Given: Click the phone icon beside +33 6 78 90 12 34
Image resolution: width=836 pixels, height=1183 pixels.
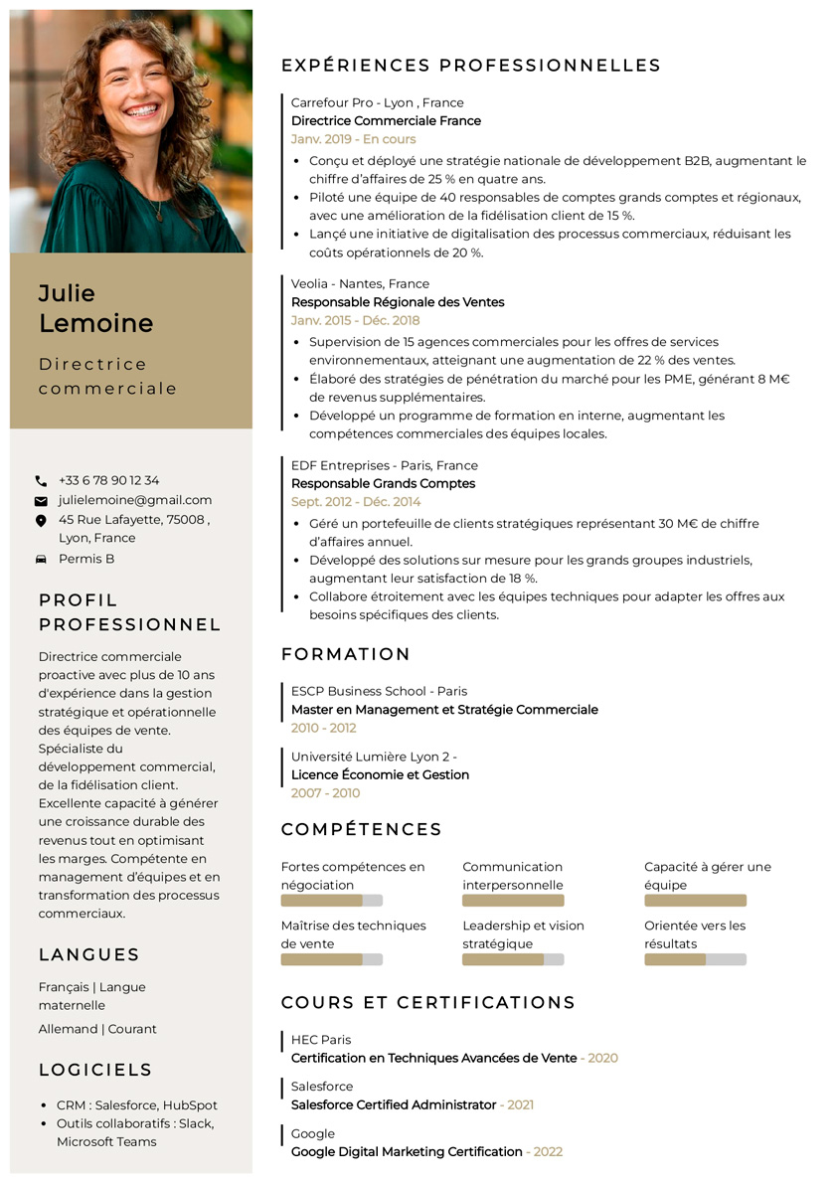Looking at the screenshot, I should [41, 481].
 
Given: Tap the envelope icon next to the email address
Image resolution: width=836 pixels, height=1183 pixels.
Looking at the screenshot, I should [41, 501].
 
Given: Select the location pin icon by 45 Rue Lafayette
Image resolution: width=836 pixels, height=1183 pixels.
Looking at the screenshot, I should [41, 520].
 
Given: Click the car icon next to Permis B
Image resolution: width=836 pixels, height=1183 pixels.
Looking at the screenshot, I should [41, 560].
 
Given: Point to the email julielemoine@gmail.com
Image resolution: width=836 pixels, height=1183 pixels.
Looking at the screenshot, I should [135, 500].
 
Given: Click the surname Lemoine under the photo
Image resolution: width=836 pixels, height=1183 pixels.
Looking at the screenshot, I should [95, 323].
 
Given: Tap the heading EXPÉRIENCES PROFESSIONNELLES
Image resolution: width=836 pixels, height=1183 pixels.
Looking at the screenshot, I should [470, 66].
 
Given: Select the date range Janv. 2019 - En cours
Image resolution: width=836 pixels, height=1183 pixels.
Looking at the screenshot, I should [353, 139].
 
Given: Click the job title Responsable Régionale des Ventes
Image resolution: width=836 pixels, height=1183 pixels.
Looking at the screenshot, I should [398, 302].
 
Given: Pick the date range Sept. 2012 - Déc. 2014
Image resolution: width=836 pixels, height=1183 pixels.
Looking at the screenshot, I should [356, 502].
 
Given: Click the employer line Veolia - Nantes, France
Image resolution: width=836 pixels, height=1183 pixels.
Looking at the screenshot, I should [360, 283].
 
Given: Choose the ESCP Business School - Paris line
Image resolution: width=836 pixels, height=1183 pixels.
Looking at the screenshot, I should [379, 691].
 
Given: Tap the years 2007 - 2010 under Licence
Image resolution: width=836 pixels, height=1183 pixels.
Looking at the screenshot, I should [325, 793].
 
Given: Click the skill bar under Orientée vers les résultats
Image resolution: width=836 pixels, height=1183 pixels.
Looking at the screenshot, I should [695, 960].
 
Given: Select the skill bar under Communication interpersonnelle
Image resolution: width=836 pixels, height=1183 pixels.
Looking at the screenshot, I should [513, 901].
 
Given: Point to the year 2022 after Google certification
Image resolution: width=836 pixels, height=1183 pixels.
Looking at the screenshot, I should [548, 1152].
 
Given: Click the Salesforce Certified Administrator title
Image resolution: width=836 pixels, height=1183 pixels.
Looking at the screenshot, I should [394, 1104].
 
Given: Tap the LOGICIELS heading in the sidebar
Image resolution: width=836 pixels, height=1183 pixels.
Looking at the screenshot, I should [95, 1070].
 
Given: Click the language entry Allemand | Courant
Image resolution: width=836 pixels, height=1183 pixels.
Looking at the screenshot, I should [97, 1029].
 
